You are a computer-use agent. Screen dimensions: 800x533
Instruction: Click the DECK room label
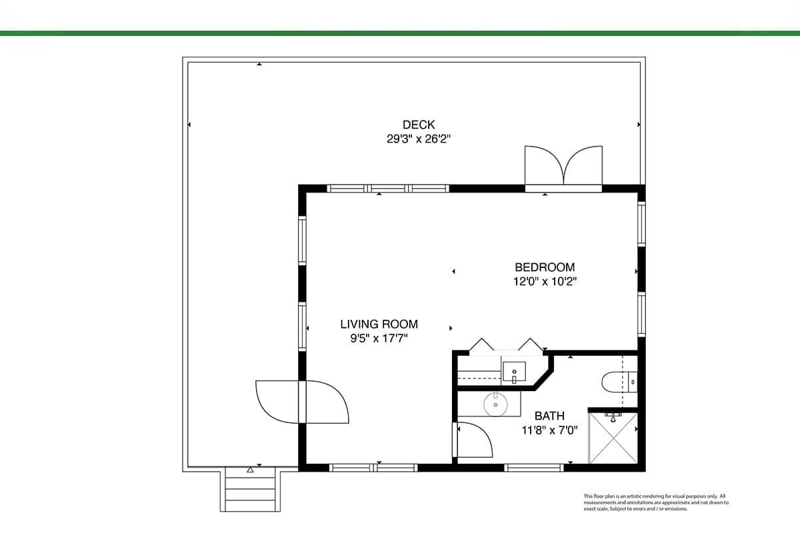[x=419, y=125]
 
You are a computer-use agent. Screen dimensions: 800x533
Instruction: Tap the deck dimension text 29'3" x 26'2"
[x=419, y=139]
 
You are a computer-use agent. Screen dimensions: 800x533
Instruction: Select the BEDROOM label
[x=545, y=267]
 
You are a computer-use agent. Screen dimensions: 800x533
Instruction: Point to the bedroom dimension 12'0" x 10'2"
[x=545, y=282]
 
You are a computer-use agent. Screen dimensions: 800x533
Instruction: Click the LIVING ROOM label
[x=379, y=324]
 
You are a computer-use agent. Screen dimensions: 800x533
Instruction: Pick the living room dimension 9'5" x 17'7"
[x=379, y=338]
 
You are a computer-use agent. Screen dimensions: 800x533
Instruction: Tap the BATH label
[x=549, y=416]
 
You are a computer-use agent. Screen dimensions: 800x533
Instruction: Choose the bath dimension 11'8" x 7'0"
[x=549, y=430]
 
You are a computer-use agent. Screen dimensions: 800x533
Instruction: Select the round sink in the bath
[x=496, y=404]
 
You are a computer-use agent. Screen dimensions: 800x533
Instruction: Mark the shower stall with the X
[x=613, y=438]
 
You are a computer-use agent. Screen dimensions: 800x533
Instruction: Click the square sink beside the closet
[x=514, y=372]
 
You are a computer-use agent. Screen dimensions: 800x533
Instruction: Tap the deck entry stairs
[x=250, y=489]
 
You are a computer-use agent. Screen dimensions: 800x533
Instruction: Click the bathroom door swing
[x=474, y=440]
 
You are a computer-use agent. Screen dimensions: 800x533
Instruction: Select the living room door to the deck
[x=302, y=402]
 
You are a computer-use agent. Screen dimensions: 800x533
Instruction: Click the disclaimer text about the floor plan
[x=656, y=502]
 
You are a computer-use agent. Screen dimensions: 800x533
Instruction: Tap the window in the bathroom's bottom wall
[x=534, y=468]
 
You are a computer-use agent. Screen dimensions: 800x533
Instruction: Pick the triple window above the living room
[x=388, y=189]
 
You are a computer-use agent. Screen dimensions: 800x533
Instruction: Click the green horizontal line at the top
[x=400, y=33]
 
